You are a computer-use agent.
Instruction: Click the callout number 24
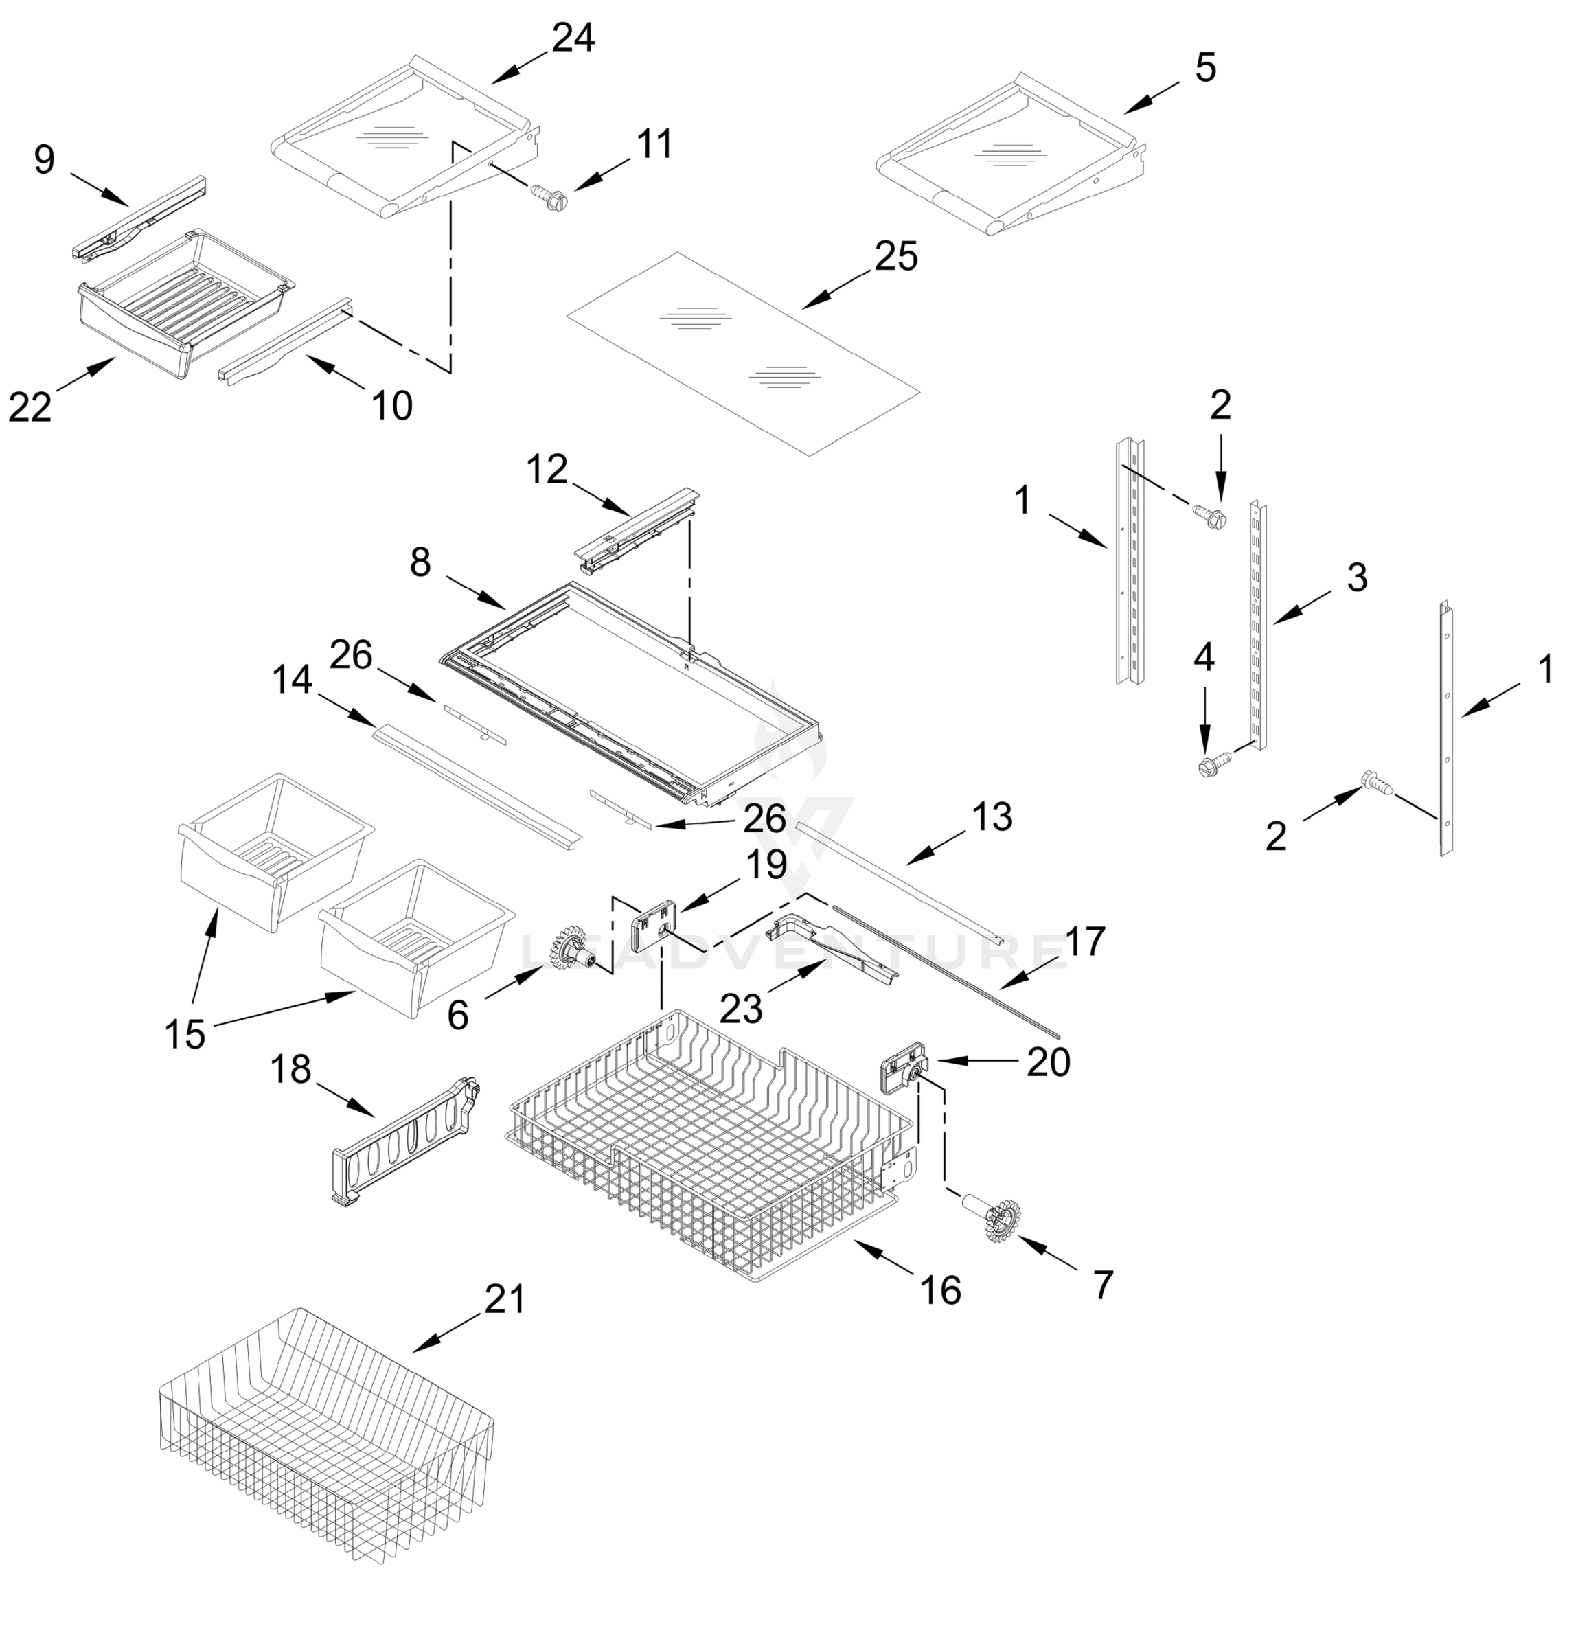[573, 38]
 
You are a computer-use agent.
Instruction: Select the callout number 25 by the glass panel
[895, 256]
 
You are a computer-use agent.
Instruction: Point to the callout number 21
[505, 1299]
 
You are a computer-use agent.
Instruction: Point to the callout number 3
[1357, 577]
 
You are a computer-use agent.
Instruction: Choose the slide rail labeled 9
[139, 217]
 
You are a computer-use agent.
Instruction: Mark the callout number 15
[185, 1034]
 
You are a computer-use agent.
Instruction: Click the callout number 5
[1204, 67]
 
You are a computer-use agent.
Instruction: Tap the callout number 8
[420, 562]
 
